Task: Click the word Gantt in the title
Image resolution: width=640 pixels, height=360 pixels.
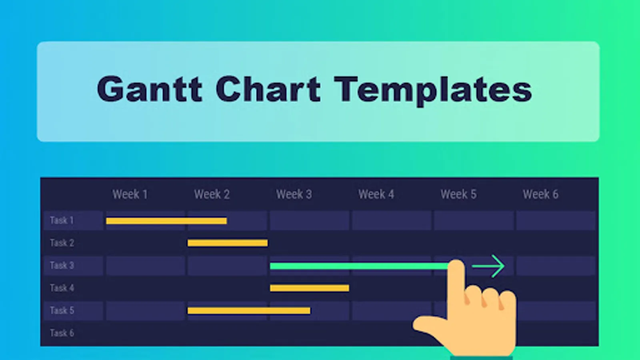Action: click(x=150, y=88)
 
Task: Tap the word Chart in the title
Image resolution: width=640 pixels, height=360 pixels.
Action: click(x=268, y=88)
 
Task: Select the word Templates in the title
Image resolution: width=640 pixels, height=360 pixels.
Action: click(x=433, y=91)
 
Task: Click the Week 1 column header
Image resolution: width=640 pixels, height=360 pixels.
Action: click(x=130, y=194)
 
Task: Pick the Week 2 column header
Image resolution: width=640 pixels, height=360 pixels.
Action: click(x=212, y=194)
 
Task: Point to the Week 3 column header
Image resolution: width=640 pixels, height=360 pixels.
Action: click(x=294, y=194)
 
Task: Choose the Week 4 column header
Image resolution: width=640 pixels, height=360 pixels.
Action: click(x=376, y=194)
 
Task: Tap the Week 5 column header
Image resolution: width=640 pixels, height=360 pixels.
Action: click(x=458, y=194)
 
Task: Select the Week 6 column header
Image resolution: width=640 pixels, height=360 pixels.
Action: click(x=540, y=194)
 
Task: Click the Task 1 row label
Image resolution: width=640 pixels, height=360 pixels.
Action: click(x=62, y=220)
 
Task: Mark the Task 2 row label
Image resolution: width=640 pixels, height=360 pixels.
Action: click(x=62, y=243)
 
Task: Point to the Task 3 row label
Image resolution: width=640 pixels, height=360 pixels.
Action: click(x=62, y=266)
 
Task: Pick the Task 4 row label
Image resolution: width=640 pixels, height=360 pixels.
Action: click(x=62, y=288)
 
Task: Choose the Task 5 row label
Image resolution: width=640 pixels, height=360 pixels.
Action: click(x=62, y=310)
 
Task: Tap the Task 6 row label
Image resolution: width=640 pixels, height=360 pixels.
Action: click(x=62, y=333)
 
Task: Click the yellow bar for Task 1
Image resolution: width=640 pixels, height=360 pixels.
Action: click(x=166, y=221)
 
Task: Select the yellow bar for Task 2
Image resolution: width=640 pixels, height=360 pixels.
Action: click(x=228, y=243)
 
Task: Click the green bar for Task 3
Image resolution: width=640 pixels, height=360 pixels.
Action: click(x=360, y=266)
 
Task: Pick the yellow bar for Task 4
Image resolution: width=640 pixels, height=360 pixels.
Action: click(x=310, y=288)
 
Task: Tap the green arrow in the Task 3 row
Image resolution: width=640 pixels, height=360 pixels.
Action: click(x=488, y=266)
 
